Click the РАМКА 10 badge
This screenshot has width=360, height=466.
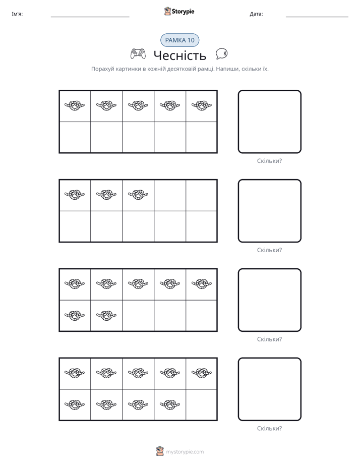pos(179,40)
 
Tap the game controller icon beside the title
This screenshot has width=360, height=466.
pos(138,54)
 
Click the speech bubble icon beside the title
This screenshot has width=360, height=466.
pos(221,53)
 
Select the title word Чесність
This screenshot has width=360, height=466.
pos(179,55)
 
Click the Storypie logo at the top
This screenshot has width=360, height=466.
pos(179,11)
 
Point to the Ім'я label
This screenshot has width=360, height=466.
pos(17,14)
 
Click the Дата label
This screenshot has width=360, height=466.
pos(256,14)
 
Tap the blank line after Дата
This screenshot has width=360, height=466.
pos(317,17)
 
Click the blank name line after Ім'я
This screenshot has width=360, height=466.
pos(90,17)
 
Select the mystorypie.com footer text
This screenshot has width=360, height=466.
pos(185,452)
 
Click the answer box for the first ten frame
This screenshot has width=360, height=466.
pos(269,122)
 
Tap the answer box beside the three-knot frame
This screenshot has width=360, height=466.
pos(269,211)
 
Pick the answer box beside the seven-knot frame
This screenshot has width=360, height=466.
pos(269,300)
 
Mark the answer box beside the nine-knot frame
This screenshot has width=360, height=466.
pos(269,389)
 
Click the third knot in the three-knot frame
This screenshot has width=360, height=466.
pos(138,194)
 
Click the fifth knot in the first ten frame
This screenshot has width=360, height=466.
pos(202,105)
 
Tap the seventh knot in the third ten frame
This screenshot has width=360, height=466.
pos(106,315)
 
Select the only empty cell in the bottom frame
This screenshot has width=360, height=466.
pos(201,404)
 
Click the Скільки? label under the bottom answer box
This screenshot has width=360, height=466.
pos(269,428)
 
